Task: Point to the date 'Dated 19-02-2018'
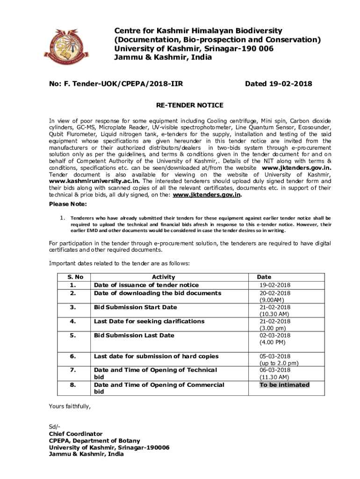pos(278,84)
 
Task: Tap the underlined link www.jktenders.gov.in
pos(207,195)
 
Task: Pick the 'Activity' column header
pos(163,277)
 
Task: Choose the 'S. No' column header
pos(72,277)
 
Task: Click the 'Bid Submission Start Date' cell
pos(136,307)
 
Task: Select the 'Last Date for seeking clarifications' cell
pos(149,321)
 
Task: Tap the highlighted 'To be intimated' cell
pos(284,385)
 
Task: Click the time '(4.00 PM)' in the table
pos(274,342)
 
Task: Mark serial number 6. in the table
pos(72,356)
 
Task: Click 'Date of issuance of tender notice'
pos(146,285)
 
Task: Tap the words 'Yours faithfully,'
pos(70,406)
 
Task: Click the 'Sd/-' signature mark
pos(55,427)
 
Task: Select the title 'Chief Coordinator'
pos(76,434)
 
